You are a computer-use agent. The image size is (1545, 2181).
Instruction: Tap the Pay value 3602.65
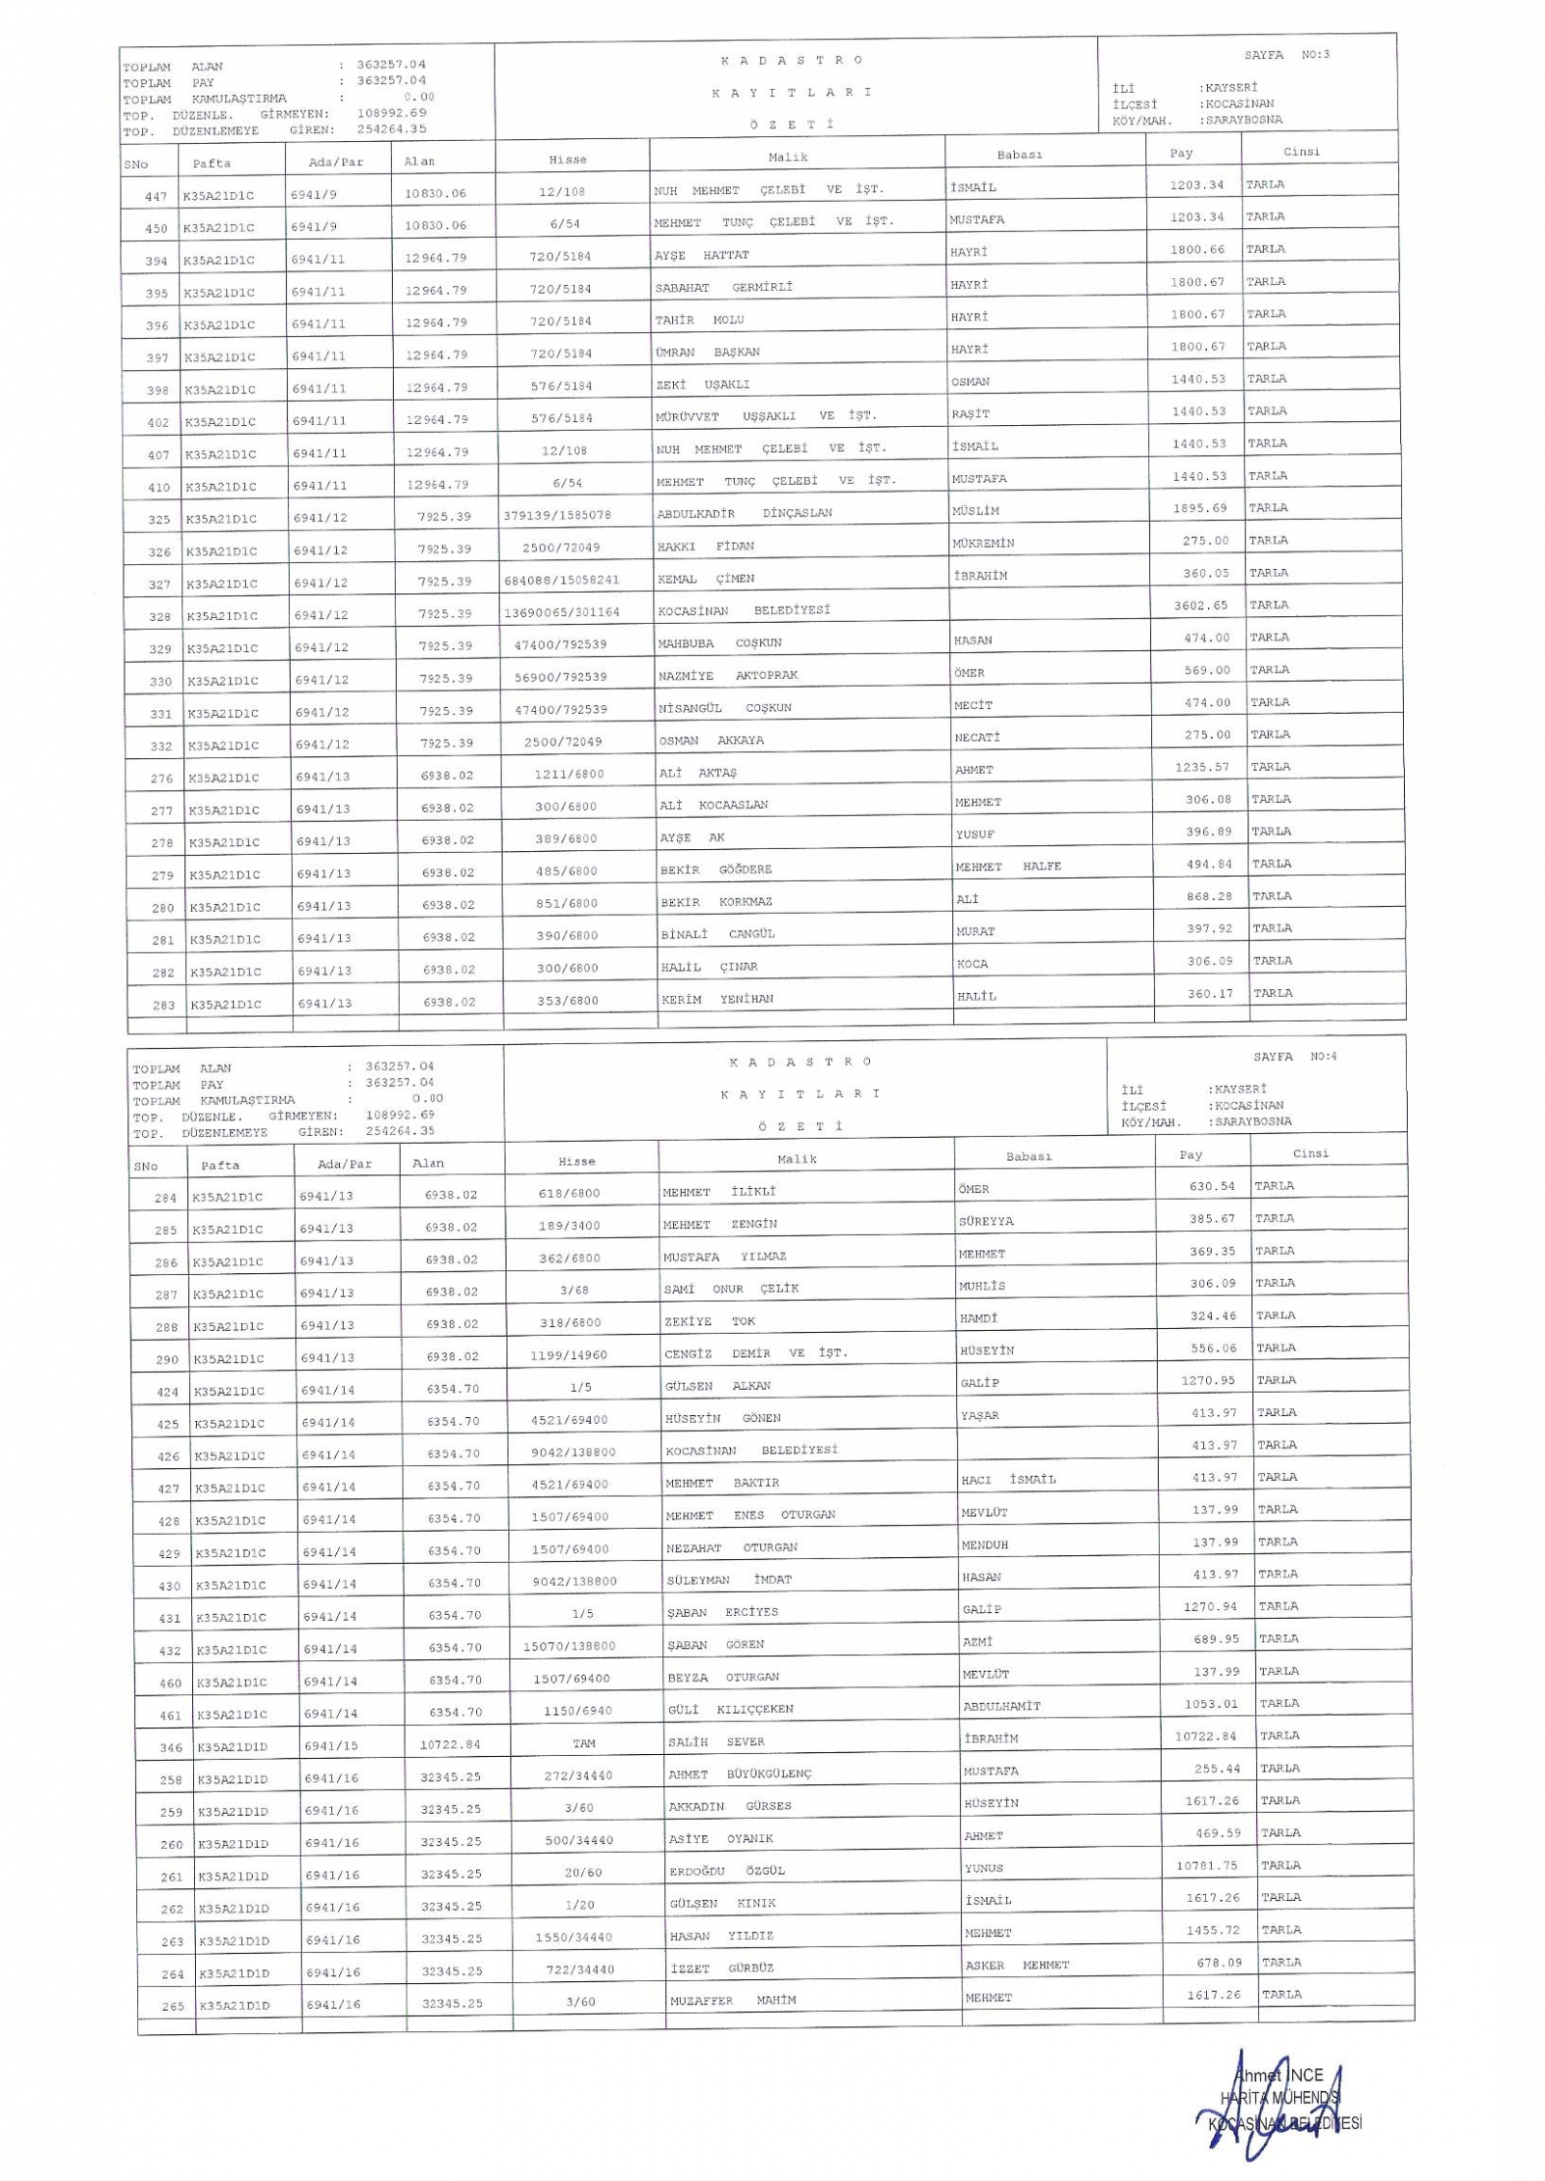coord(1201,605)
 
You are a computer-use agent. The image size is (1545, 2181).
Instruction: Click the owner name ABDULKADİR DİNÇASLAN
coord(744,513)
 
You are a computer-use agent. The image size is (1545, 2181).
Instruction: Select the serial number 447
coord(155,196)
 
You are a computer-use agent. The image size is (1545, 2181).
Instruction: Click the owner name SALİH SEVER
coord(716,1742)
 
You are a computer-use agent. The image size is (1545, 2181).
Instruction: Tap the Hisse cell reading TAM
coord(583,1743)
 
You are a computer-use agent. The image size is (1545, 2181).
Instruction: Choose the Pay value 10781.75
coord(1206,1865)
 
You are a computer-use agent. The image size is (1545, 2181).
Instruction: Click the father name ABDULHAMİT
coord(1001,1706)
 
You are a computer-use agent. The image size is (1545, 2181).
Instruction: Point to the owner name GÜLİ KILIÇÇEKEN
coord(730,1709)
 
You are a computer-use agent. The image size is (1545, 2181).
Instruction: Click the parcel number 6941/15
coord(331,1744)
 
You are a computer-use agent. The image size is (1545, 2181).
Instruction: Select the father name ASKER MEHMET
coord(1016,1965)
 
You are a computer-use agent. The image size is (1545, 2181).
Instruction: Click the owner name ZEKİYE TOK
coord(709,1321)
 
